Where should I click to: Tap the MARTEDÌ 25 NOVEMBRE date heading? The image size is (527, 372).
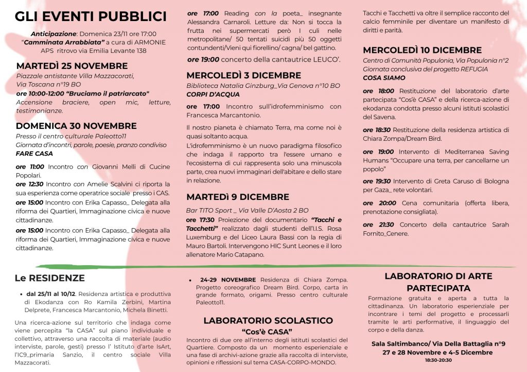point(72,66)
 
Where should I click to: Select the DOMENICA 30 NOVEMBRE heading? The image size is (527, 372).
point(76,126)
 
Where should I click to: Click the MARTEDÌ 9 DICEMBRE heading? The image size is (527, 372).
point(238,197)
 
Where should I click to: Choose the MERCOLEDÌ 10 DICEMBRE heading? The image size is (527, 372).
point(422,50)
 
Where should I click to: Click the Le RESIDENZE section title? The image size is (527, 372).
point(49,278)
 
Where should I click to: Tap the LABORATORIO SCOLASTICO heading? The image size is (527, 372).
point(268,321)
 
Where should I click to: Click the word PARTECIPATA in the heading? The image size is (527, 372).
point(438,288)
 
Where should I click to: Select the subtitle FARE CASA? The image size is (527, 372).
point(34,154)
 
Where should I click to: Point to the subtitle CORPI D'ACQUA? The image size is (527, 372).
point(213,95)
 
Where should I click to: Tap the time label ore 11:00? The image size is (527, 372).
point(30,167)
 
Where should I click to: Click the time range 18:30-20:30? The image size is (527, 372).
point(438,361)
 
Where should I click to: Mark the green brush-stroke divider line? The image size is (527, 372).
point(273,266)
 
